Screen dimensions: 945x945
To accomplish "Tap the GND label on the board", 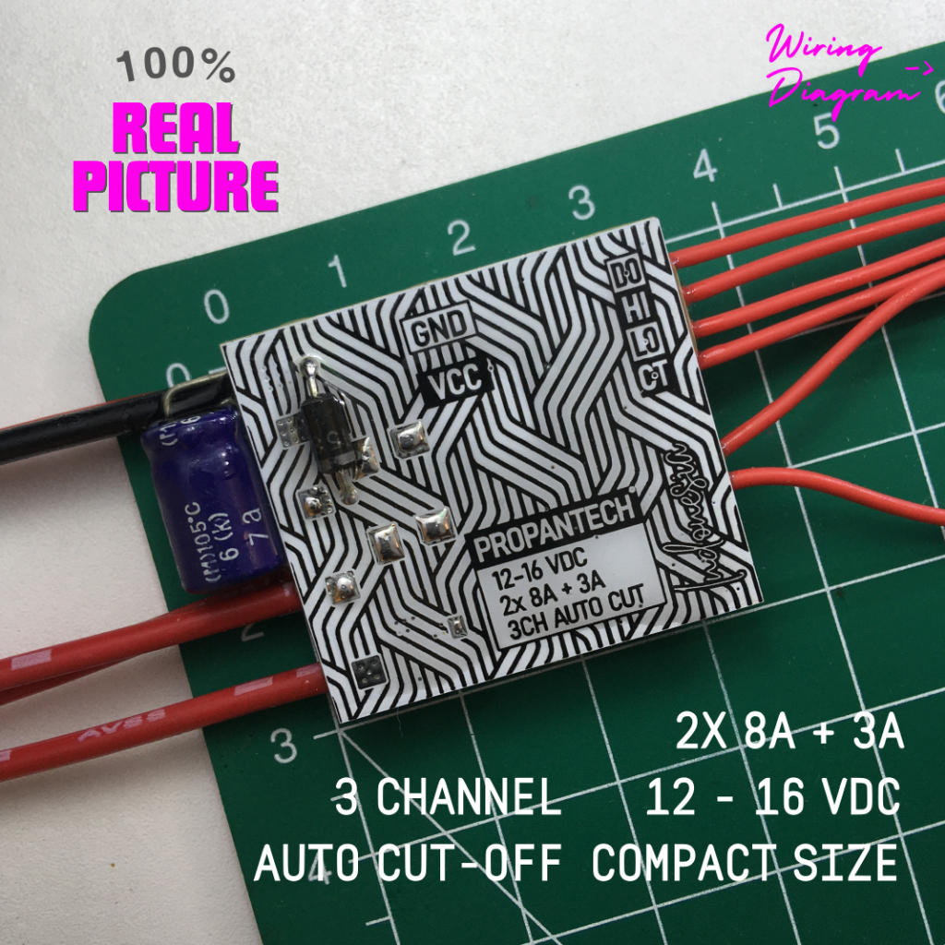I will coord(442,333).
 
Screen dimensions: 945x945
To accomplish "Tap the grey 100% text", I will coord(175,66).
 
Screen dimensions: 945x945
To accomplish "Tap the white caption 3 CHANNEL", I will coord(448,798).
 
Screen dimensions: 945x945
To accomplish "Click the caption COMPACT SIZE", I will coord(744,864).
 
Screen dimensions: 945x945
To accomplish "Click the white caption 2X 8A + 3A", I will coord(789,736).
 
